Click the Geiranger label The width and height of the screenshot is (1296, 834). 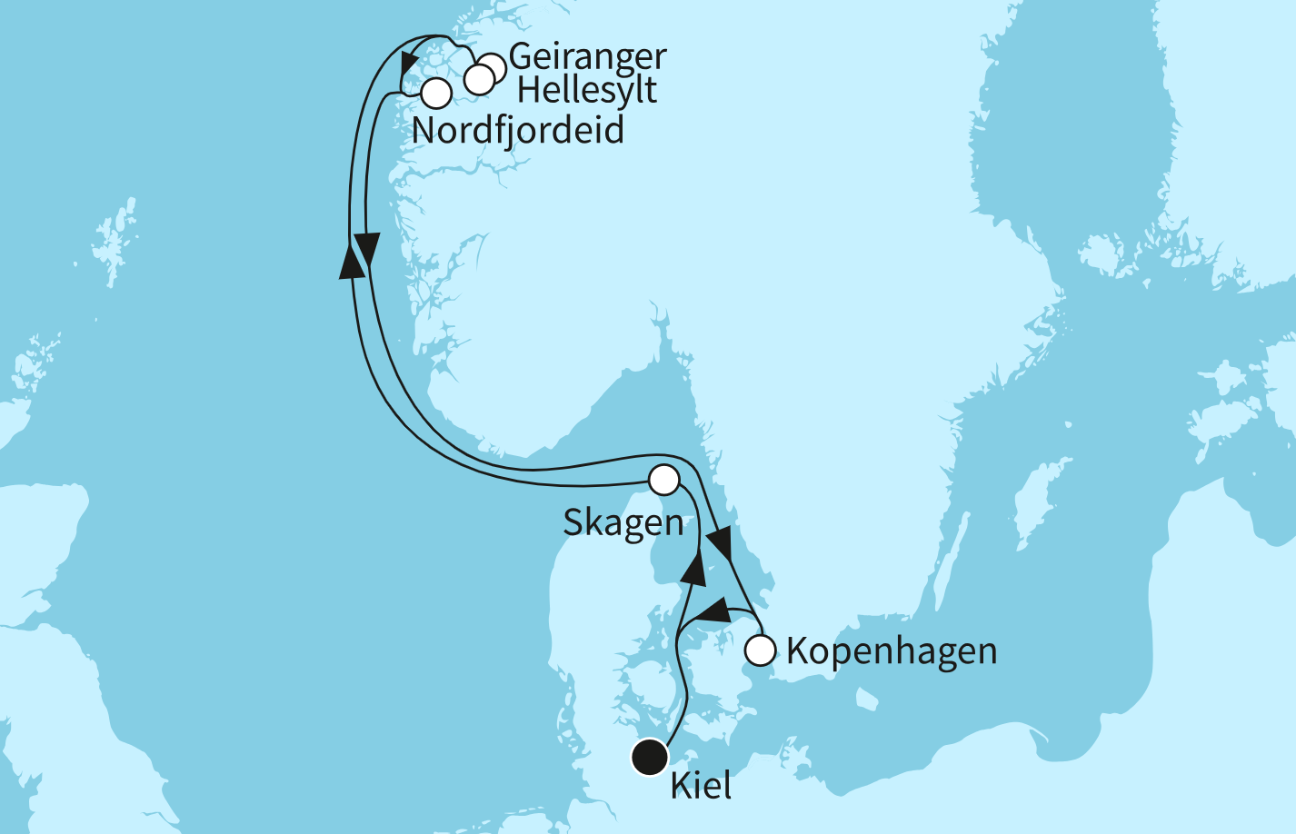coord(587,57)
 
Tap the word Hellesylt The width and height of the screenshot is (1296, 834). coord(586,91)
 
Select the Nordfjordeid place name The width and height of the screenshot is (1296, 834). coord(517,131)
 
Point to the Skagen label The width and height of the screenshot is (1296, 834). coord(623,523)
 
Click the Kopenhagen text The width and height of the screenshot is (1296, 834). coord(891,651)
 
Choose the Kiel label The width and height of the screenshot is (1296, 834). coord(701,786)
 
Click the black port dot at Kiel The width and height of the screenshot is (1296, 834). coord(649,757)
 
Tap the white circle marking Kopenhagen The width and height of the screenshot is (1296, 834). coord(760,650)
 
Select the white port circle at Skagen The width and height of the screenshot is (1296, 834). coord(664,479)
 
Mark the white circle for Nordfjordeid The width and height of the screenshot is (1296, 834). coord(436,93)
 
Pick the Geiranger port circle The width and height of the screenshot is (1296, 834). coord(492,67)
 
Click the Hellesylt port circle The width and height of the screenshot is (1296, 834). coord(478,79)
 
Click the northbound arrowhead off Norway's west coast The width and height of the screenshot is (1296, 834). coord(350,260)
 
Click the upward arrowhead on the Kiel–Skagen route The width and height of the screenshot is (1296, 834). coord(694,567)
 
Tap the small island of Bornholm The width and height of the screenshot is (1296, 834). coord(866,698)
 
